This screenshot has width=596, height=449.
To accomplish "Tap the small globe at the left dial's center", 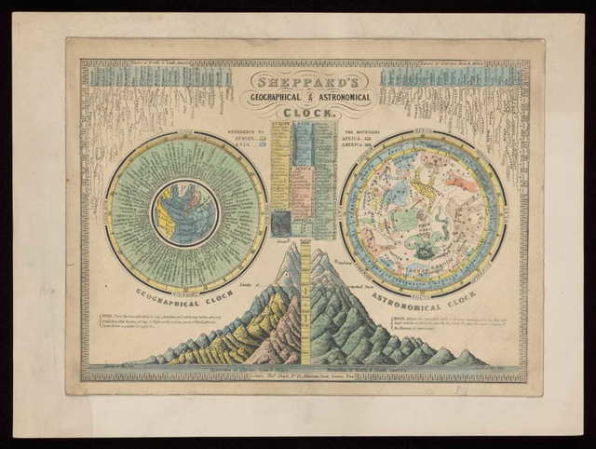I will (x=185, y=213).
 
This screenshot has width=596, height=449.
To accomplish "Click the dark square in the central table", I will (x=281, y=224).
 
